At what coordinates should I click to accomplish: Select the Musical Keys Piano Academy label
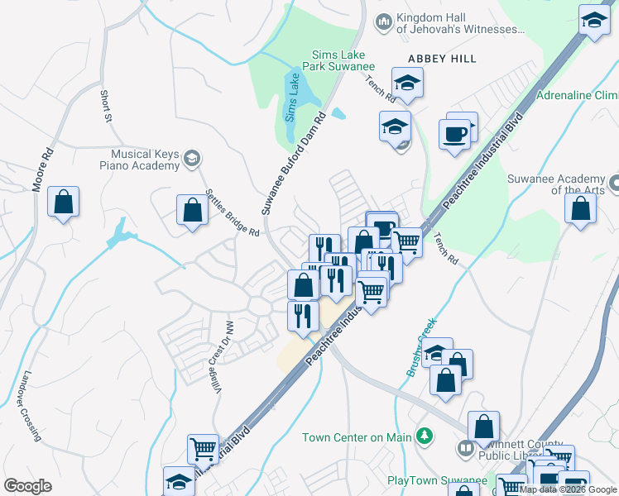tap(146, 160)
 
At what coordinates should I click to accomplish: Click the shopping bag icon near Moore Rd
tap(64, 202)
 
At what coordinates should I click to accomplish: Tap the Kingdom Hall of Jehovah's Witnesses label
tap(460, 24)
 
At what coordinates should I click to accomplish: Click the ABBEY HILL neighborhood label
tap(443, 59)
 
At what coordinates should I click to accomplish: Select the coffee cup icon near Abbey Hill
tap(455, 133)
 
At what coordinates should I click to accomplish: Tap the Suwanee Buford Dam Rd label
tap(295, 165)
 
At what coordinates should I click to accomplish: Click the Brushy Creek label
tap(421, 348)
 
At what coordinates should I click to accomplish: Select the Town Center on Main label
tap(357, 437)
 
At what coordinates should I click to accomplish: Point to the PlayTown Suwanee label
tap(437, 480)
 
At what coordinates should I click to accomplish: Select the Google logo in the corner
tap(27, 486)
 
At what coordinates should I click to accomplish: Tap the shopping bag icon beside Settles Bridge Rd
tap(192, 209)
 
